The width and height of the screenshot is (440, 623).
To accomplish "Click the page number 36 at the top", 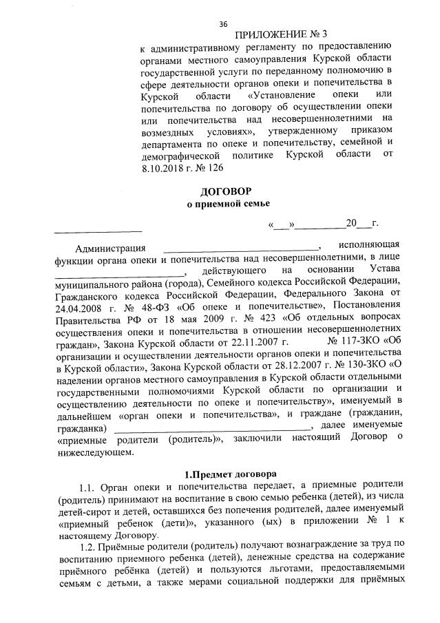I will coord(223,24).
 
